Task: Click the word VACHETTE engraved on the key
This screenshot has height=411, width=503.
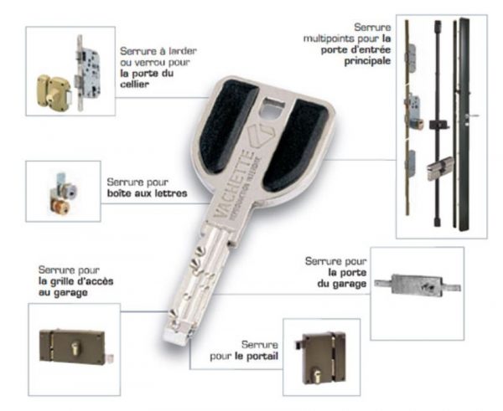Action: click(x=233, y=183)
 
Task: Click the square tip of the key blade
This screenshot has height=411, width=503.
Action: click(x=176, y=337)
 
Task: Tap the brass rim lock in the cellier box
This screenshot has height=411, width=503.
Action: click(x=54, y=91)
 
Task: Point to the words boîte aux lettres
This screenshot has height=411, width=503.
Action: click(x=147, y=194)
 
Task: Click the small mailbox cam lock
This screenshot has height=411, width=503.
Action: click(x=63, y=193)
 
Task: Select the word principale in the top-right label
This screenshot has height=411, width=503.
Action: click(x=367, y=61)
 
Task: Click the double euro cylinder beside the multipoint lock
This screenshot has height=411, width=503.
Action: click(x=440, y=168)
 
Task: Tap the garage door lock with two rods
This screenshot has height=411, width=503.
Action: click(x=417, y=285)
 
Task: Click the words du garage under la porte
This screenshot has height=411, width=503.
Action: click(x=342, y=284)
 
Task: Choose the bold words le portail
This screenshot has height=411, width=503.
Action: click(x=257, y=357)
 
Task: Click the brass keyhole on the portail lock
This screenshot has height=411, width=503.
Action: click(x=317, y=376)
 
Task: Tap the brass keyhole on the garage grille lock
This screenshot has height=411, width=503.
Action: click(x=75, y=349)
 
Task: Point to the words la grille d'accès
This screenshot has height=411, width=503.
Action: click(x=75, y=281)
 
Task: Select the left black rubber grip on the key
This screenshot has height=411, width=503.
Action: click(x=227, y=127)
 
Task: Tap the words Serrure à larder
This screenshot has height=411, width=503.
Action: click(x=158, y=51)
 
